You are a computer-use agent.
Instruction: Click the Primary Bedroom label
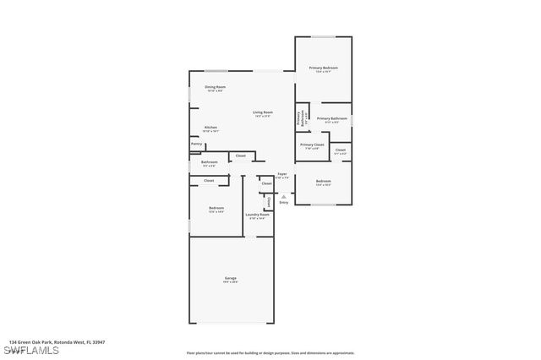click(323, 68)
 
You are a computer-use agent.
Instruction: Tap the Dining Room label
click(215, 87)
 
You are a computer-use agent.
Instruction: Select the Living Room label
click(262, 112)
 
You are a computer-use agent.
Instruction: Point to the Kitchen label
click(210, 128)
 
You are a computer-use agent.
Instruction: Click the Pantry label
click(196, 145)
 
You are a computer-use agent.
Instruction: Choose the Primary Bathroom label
click(332, 118)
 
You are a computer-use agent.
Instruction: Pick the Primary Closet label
click(312, 145)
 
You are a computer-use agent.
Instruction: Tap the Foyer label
click(282, 174)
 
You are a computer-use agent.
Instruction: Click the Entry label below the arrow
click(283, 203)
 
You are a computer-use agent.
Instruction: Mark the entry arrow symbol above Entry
click(283, 196)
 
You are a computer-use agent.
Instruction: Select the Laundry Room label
click(257, 215)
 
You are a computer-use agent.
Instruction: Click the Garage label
click(230, 278)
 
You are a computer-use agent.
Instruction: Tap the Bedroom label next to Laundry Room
click(216, 208)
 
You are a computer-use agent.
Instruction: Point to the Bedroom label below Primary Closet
click(323, 181)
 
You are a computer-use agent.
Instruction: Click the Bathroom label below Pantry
click(209, 162)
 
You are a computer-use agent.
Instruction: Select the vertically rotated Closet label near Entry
click(268, 202)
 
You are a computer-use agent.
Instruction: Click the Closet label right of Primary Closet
click(340, 150)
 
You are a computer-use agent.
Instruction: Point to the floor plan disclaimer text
click(270, 353)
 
